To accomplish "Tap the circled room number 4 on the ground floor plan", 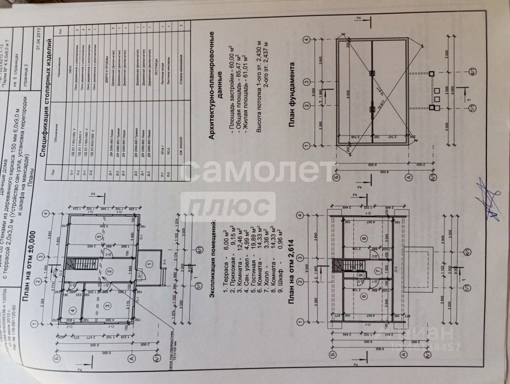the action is (73, 311).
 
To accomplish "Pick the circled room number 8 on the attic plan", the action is (364, 239).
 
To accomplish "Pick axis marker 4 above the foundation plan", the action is (306, 39).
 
